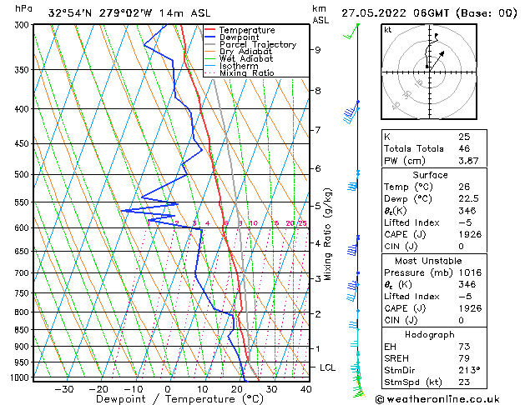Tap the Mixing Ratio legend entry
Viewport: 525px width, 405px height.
tap(246, 73)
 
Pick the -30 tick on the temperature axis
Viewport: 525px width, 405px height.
tap(63, 388)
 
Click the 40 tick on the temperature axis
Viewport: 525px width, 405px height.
tap(305, 388)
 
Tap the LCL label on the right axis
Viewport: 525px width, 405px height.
tap(329, 367)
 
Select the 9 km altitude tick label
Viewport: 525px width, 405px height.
tap(317, 50)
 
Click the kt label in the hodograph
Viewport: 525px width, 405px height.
tap(387, 29)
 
